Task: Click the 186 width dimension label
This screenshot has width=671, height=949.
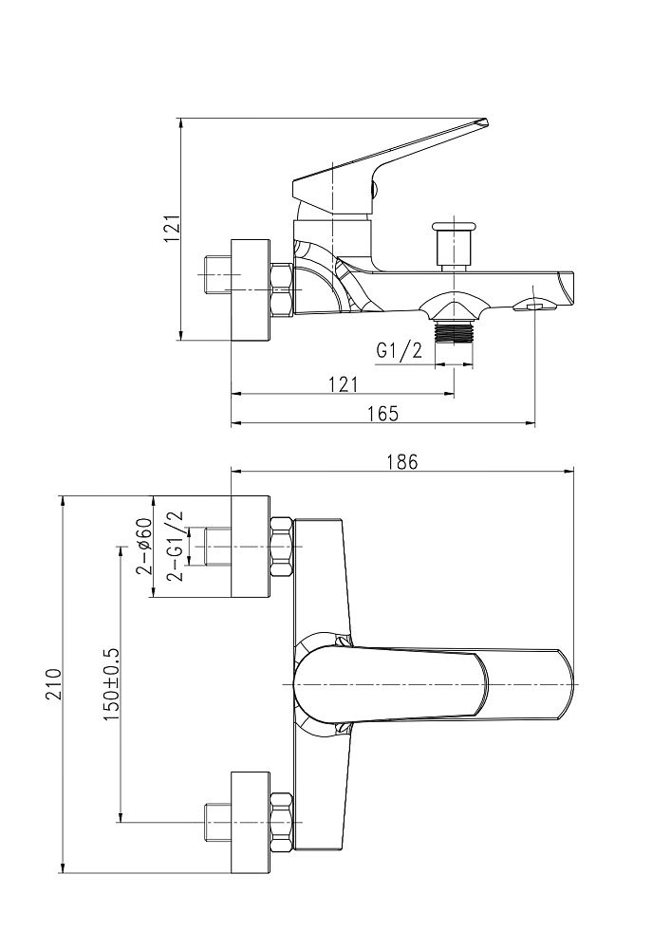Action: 401,462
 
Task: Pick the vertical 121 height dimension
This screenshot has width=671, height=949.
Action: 172,229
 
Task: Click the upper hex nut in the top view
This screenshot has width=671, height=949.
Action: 281,547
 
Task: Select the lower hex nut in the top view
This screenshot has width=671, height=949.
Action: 281,821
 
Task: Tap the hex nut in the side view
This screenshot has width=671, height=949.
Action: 282,288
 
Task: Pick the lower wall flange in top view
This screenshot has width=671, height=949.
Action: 251,822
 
